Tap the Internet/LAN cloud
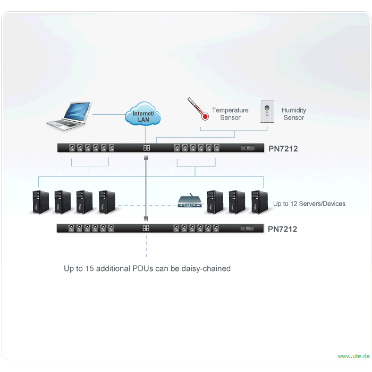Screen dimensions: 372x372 coord(143,114)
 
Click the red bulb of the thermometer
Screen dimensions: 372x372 coord(205,116)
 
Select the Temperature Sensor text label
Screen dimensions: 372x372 coord(230,114)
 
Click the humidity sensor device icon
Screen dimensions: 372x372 coord(267,111)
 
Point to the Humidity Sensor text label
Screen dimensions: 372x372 coord(294,114)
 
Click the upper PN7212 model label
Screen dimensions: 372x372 coord(283,149)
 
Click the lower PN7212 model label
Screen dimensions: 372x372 coord(282,229)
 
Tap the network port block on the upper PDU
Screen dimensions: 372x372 coord(147,148)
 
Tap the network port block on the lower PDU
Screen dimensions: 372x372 coord(146,228)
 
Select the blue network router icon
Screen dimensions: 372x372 coord(190,201)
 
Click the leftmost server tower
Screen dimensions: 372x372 coord(40,202)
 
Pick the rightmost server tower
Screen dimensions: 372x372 coord(259,202)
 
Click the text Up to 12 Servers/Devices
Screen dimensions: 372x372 coord(309,204)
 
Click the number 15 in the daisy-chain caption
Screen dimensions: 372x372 coord(89,268)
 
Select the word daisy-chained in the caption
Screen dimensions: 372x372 coord(206,268)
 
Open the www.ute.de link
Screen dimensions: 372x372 coord(353,356)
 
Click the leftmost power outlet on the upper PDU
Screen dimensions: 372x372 coord(72,148)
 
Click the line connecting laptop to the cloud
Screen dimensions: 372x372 coord(109,115)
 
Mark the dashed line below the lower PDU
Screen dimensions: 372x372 coord(146,246)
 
